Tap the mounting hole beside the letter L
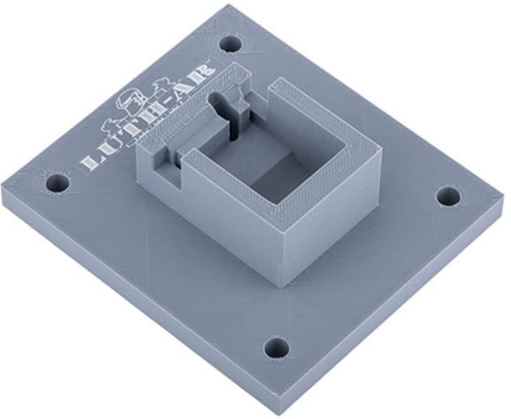point(57,183)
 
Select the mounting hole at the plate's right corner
point(449,197)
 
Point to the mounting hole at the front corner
point(277,347)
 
